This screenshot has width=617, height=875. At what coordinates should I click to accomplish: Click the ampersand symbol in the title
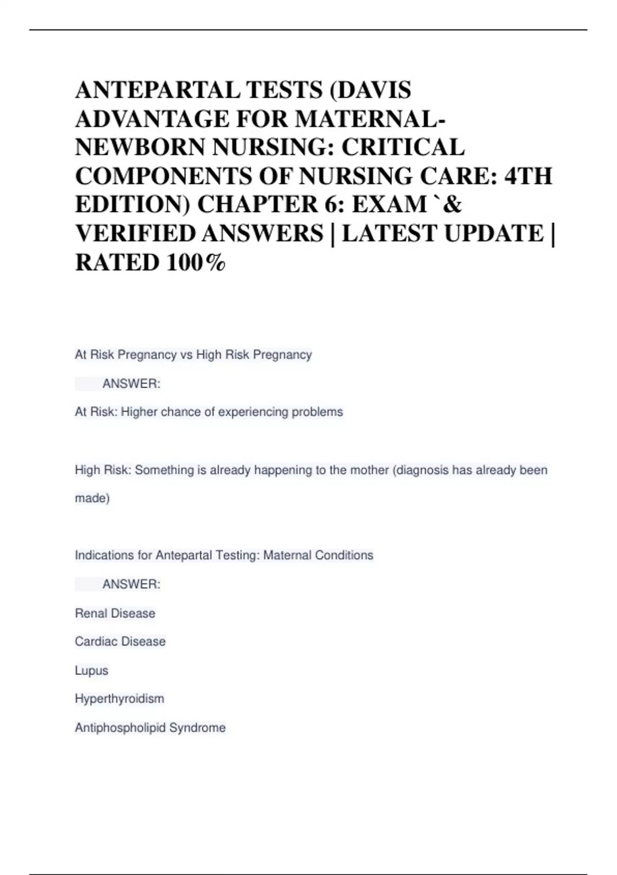pos(452,205)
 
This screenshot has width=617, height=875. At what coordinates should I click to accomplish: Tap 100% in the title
pos(195,262)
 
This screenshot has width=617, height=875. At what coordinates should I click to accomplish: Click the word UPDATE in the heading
pos(494,234)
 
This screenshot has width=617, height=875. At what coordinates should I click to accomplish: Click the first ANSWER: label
pos(131,384)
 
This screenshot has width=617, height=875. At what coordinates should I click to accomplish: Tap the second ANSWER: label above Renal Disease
pos(131,584)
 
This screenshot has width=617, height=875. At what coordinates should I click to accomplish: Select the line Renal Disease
pos(115,613)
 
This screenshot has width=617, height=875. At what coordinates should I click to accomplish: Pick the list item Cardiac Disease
pos(120,641)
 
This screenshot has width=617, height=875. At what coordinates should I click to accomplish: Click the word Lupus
pos(92,671)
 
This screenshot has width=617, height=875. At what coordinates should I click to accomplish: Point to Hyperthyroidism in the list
pos(119,699)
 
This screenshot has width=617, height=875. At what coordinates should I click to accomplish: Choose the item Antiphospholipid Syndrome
pos(150,728)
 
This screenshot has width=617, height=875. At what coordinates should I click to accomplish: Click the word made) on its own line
pos(92,498)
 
